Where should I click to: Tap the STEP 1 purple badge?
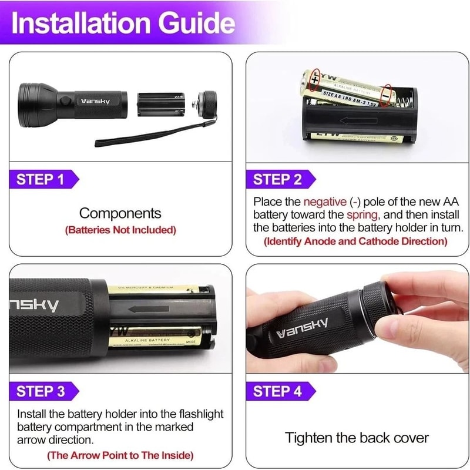[41, 179]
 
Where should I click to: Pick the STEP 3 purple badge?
[41, 391]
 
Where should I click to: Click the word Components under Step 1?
[120, 213]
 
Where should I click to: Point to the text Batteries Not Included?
[120, 230]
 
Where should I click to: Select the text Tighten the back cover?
[357, 438]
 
